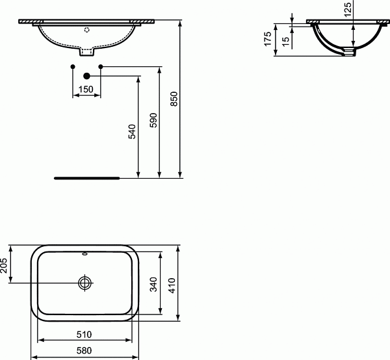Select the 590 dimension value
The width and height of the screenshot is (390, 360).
point(153,121)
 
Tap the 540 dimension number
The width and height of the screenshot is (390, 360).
point(132,133)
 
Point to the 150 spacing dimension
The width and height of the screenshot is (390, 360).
point(86,89)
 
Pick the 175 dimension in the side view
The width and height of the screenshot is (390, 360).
point(268,39)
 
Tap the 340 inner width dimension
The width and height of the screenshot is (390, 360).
point(153,283)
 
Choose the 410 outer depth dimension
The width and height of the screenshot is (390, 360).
point(172,283)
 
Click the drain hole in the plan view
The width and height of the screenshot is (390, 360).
point(84,283)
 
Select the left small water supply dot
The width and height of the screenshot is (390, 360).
point(72,67)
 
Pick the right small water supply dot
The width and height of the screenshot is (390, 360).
point(100,67)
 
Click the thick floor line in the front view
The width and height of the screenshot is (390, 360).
point(86,176)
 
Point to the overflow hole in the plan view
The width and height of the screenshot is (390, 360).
point(84,254)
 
